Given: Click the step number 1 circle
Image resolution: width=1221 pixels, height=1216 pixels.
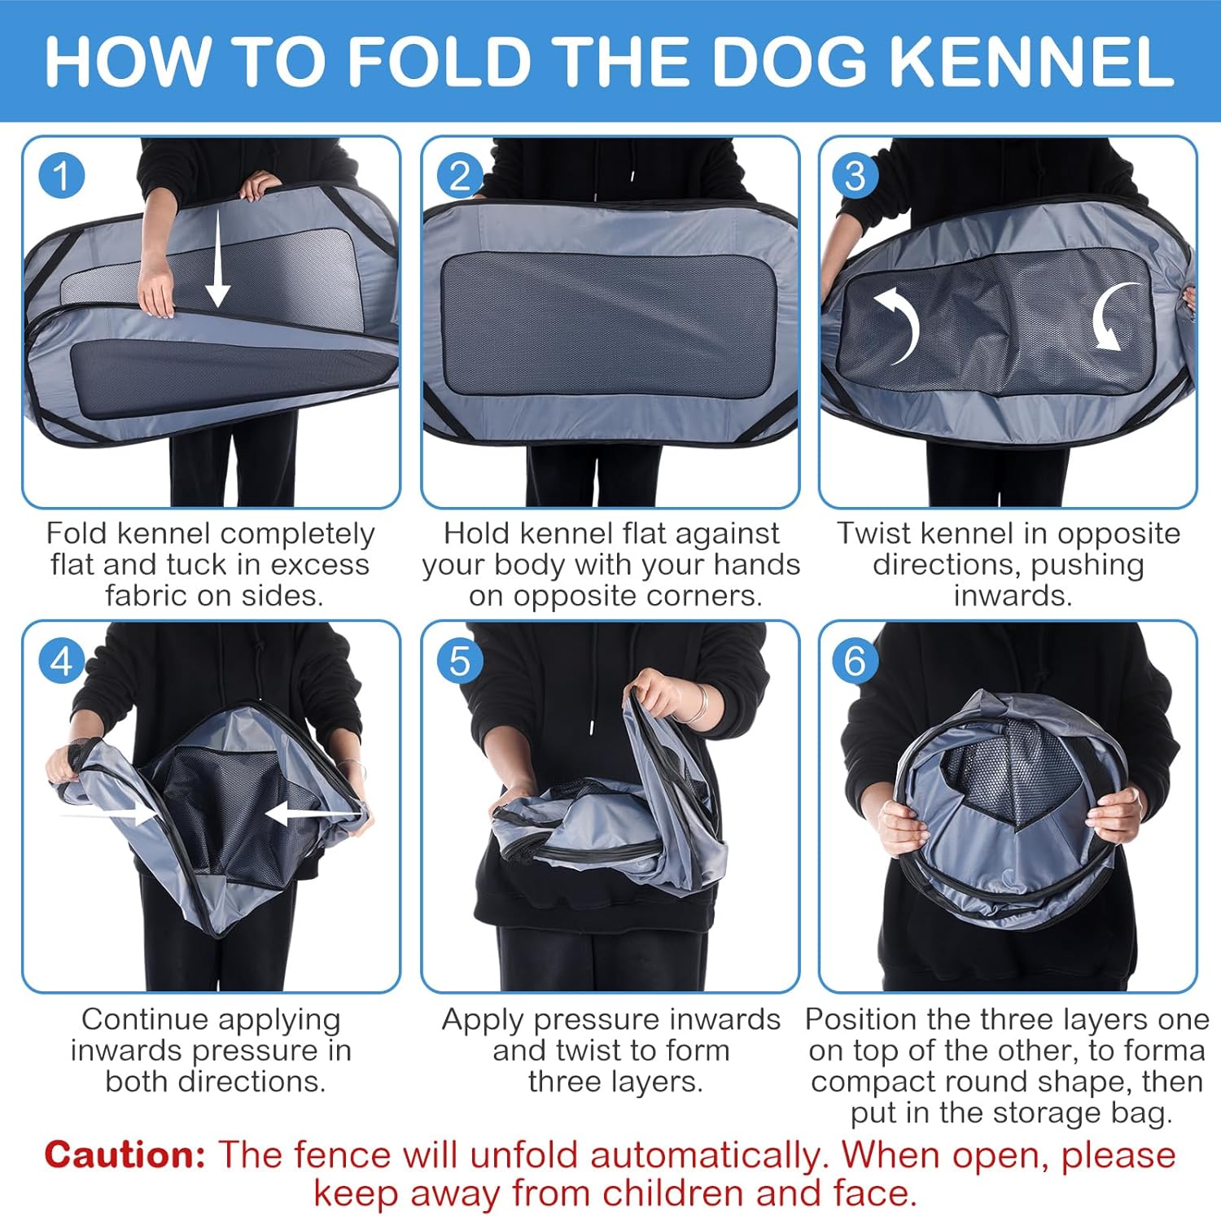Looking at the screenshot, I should click(x=62, y=175).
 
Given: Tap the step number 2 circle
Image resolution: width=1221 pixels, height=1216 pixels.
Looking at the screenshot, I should click(x=460, y=175).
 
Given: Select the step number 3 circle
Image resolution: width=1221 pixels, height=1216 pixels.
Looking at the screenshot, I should click(x=855, y=175).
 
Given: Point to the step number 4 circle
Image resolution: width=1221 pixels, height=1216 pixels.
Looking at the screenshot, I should click(x=62, y=661).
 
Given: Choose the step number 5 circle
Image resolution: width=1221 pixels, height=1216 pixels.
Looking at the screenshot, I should click(x=460, y=661).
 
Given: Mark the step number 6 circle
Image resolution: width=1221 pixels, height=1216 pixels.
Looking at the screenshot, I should click(x=855, y=661).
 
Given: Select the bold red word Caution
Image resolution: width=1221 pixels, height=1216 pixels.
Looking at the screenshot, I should click(x=125, y=1154).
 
